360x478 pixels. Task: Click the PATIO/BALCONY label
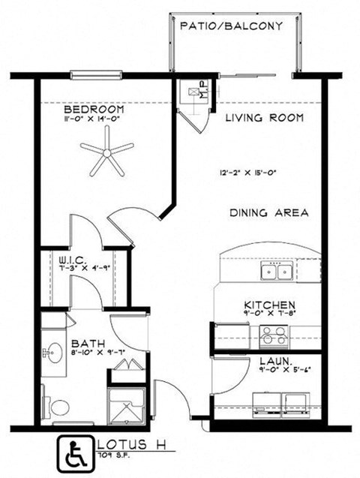(x=231, y=26)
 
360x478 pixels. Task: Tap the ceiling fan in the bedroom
(x=107, y=153)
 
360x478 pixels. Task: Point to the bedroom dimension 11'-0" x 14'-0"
(x=93, y=118)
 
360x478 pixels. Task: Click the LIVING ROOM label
(x=265, y=118)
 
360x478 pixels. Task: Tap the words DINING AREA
(x=268, y=213)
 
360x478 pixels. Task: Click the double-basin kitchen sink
(x=275, y=270)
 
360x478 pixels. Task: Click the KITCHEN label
(x=268, y=305)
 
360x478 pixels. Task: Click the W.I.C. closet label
(x=73, y=260)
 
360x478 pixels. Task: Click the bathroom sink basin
(x=52, y=351)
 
